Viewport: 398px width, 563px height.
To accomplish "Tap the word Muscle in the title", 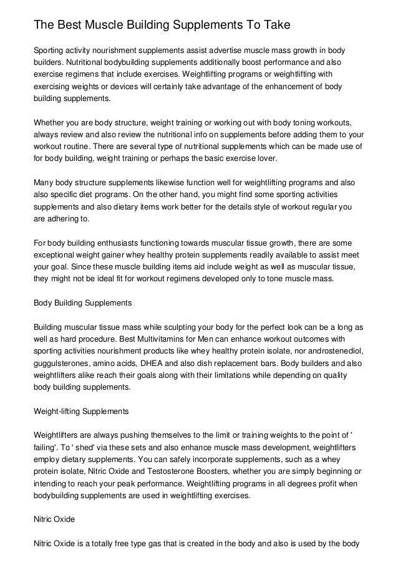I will pos(107,25).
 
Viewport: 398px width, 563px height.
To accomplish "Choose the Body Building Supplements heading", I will pos(82,303).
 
